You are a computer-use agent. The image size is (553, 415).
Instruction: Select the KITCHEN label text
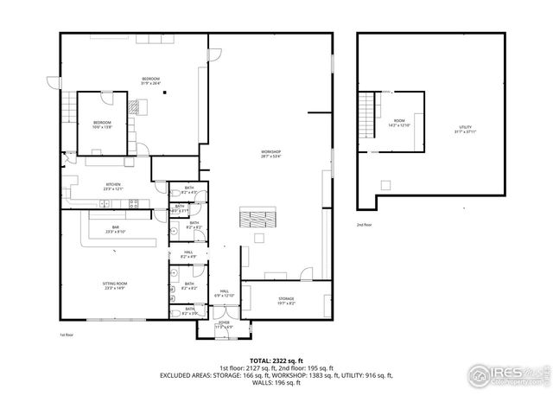(x=113, y=186)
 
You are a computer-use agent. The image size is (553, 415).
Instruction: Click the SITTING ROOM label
(x=116, y=285)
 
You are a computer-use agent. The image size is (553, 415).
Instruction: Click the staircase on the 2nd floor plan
(x=370, y=111)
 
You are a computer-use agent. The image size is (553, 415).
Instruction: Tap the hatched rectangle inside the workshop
(x=255, y=217)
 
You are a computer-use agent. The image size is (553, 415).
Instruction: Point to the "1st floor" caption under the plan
(x=67, y=335)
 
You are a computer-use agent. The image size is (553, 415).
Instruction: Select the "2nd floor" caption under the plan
(x=365, y=225)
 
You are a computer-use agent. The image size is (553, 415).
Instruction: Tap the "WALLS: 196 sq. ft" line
(x=276, y=382)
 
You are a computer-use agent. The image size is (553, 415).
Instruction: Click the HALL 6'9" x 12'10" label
(x=224, y=293)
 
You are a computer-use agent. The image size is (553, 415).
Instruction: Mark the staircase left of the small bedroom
(x=67, y=108)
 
